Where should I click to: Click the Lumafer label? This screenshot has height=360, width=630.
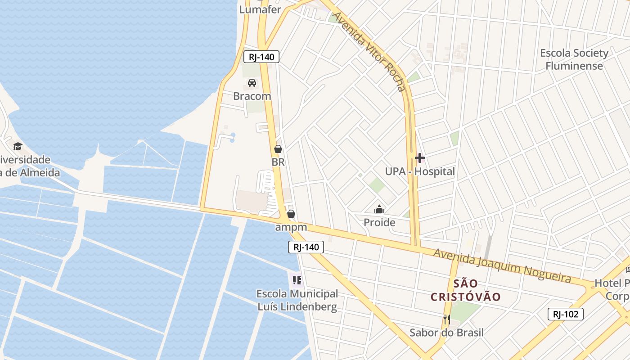[260, 9]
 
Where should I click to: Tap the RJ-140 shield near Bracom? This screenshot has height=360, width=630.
[261, 57]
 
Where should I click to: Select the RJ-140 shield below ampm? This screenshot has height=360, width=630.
[306, 247]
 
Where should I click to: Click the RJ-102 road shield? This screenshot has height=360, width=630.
[565, 314]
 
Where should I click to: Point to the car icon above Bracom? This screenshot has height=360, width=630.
[252, 83]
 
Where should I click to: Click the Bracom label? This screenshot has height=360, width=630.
[252, 96]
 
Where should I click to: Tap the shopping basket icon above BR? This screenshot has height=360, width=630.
[278, 149]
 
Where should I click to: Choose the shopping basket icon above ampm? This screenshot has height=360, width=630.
[291, 214]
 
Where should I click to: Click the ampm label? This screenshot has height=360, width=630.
[291, 227]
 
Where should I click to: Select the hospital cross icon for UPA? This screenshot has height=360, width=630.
[420, 158]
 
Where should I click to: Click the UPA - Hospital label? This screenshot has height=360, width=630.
[420, 171]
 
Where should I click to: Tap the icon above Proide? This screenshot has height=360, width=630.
[379, 209]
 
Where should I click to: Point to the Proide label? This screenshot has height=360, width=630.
[379, 222]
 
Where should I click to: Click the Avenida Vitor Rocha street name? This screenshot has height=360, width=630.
[374, 52]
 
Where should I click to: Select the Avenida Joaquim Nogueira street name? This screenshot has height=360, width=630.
[502, 265]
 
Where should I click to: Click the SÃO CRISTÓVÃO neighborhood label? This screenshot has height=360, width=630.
[466, 290]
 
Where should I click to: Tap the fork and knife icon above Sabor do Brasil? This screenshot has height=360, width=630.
[446, 319]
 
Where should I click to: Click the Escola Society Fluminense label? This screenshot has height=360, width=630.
[574, 59]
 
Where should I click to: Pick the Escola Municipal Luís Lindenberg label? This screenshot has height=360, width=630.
[297, 300]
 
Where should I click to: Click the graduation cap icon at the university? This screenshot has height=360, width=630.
[18, 146]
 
